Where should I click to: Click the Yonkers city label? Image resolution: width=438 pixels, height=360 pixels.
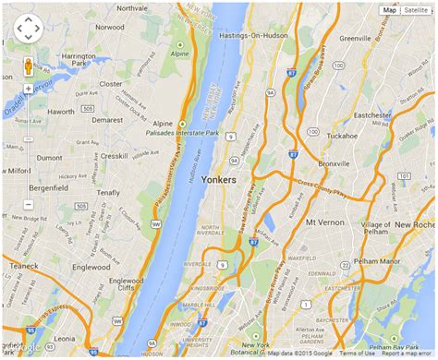point(218,180)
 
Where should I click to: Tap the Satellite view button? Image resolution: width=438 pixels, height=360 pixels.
point(415,10)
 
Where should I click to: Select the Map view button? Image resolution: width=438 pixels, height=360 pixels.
point(389,10)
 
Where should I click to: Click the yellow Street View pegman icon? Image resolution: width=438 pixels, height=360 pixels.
point(28,66)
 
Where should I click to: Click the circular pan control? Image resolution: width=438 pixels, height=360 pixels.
point(28,29)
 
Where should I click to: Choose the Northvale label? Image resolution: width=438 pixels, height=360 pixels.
point(131,8)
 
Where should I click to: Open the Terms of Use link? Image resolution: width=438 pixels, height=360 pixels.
point(357,354)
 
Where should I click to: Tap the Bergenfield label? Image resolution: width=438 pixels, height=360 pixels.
point(49,187)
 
